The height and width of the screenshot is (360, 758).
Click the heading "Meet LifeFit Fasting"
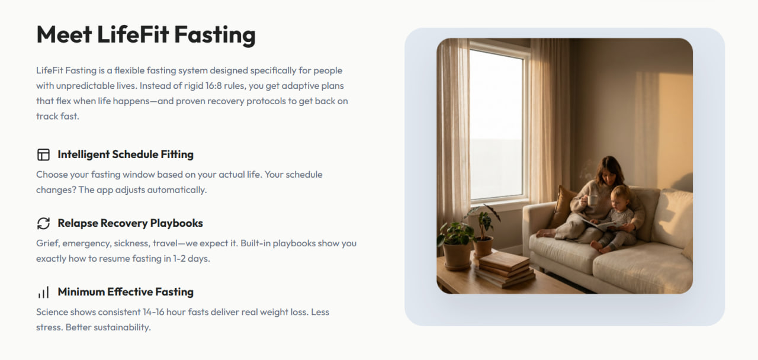(146, 35)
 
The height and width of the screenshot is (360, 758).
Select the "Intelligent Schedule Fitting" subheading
(126, 155)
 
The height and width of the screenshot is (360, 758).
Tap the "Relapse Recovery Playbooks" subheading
(130, 223)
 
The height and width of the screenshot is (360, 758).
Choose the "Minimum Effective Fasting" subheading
(126, 292)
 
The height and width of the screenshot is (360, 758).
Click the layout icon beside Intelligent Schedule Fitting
(43, 155)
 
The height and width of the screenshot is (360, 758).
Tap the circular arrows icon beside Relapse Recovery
(43, 223)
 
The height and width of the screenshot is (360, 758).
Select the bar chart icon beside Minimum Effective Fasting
(43, 292)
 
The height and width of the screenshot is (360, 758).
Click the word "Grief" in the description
(47, 243)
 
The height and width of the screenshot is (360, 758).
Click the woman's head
(608, 171)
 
